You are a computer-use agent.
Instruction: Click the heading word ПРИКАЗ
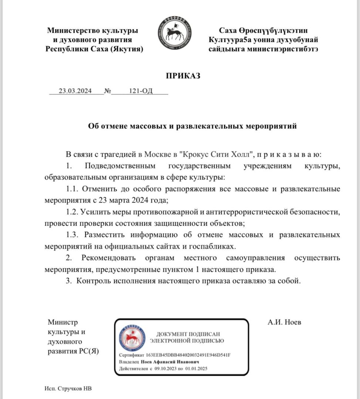tap(183, 76)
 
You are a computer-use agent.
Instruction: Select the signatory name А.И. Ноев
tap(284, 322)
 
